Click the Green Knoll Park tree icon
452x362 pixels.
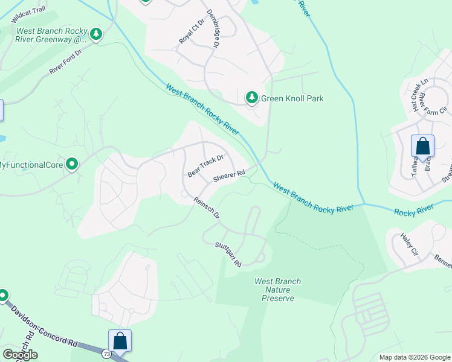251,97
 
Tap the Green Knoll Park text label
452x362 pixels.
292,98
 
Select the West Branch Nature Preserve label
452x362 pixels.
278,290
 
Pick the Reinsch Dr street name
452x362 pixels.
206,208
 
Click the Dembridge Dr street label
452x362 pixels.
212,28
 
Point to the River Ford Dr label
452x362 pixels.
65,62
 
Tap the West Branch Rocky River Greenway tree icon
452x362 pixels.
96,35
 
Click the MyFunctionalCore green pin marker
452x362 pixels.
72,164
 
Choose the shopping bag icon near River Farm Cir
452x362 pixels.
422,146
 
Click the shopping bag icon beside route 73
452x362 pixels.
120,341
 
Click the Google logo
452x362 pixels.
20,355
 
